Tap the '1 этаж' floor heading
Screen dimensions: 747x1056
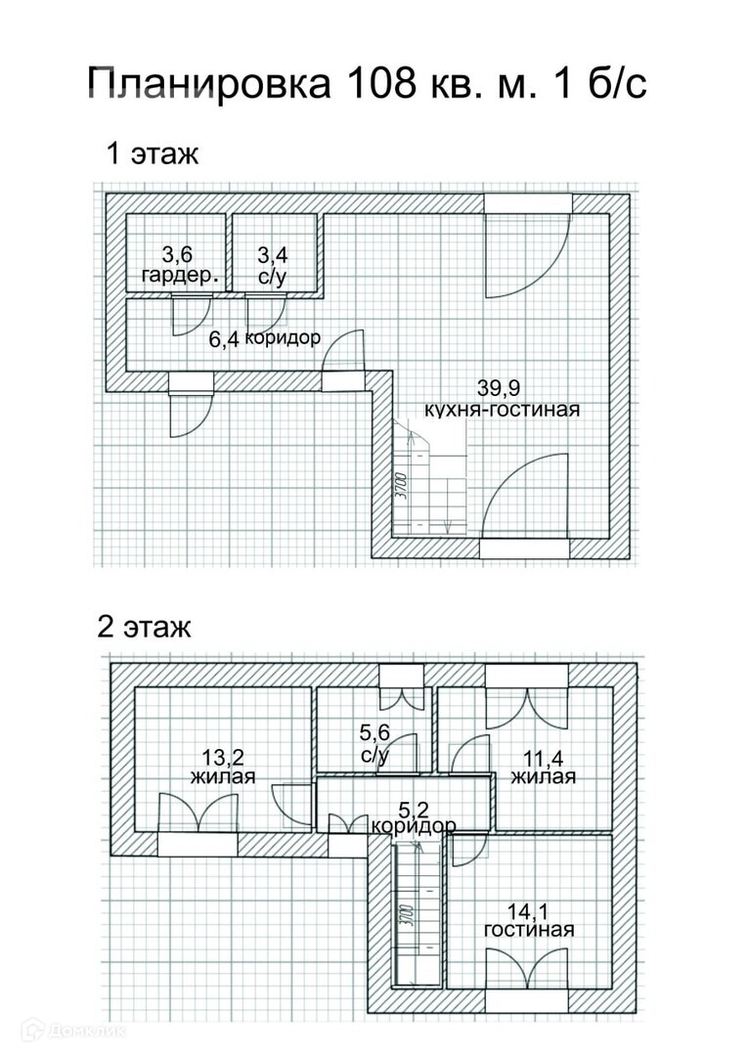[x=154, y=154]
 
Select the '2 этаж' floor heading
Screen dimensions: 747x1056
[x=145, y=627]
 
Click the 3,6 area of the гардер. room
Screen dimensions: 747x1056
[x=177, y=256]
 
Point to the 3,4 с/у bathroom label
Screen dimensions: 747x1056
[x=271, y=265]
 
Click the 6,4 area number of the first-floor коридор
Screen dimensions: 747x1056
[x=224, y=340]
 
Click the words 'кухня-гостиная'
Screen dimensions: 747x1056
[x=502, y=409]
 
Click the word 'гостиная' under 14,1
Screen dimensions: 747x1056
[x=529, y=929]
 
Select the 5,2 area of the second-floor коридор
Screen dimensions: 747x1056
[x=414, y=808]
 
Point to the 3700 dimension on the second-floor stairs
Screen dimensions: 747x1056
[x=404, y=917]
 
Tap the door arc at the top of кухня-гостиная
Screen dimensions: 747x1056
[x=526, y=255]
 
